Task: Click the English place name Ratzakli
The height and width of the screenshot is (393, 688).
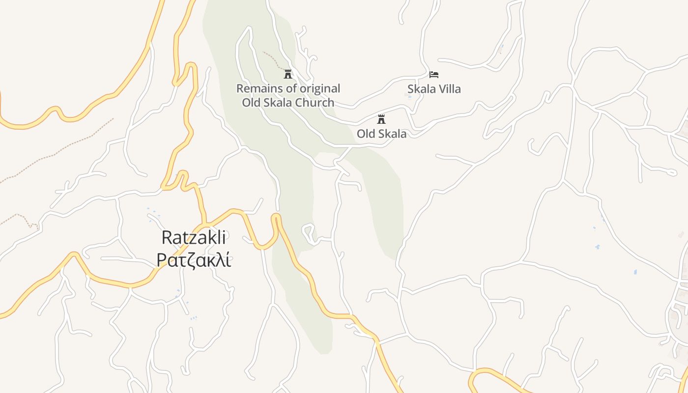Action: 194,238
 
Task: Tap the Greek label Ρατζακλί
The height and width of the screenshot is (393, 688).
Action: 194,260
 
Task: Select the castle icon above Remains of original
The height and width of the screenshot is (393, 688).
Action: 288,74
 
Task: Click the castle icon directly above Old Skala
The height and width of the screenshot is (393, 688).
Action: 381,119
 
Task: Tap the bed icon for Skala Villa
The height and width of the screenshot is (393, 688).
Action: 434,75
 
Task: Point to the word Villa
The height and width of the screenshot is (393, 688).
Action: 447,89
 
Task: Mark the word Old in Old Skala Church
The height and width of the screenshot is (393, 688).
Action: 251,103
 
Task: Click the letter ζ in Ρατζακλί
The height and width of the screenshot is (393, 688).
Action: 188,261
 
